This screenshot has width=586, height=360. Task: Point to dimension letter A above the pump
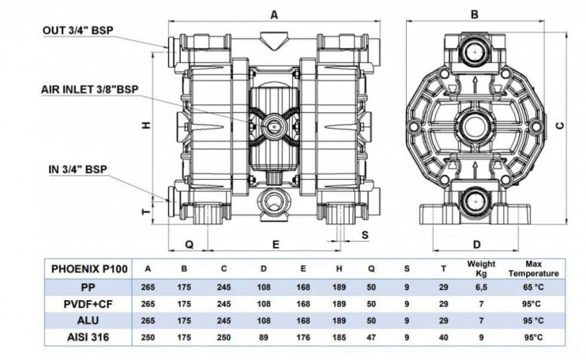tap(274, 14)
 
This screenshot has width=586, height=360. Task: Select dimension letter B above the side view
tap(475, 14)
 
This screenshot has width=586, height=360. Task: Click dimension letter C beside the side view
tap(559, 123)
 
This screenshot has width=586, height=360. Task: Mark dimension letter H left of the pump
tap(146, 125)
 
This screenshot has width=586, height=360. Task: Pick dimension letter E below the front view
tap(276, 245)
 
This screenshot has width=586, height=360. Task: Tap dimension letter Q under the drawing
tap(189, 245)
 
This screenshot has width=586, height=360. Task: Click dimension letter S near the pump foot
tap(365, 235)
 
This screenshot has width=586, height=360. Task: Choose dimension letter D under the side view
tap(476, 244)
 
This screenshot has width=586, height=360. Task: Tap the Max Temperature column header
tap(533, 269)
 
